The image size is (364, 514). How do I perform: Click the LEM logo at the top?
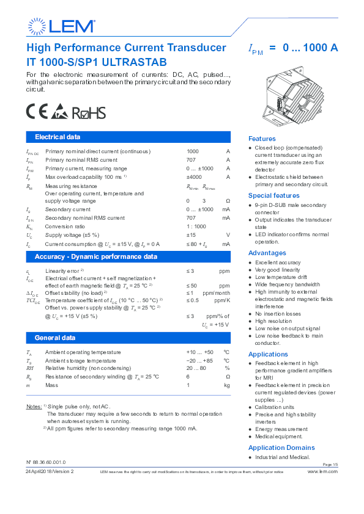[62, 26]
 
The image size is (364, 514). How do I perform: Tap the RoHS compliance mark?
[89, 113]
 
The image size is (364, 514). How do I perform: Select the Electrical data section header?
[58, 137]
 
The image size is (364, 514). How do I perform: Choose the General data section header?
[55, 338]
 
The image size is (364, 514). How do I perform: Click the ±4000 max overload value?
[195, 177]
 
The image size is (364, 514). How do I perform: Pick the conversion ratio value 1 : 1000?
[196, 226]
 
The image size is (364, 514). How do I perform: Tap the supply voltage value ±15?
[191, 235]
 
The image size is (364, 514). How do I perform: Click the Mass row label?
[52, 385]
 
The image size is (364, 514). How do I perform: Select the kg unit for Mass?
[226, 385]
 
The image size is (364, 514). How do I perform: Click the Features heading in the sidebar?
[262, 139]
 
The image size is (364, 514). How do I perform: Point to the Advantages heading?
[267, 253]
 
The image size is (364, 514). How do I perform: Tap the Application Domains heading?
[281, 447]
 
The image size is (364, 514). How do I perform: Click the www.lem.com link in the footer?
[322, 472]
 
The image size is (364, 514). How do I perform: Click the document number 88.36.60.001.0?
[48, 462]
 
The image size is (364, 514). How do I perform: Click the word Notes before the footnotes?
[33, 406]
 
